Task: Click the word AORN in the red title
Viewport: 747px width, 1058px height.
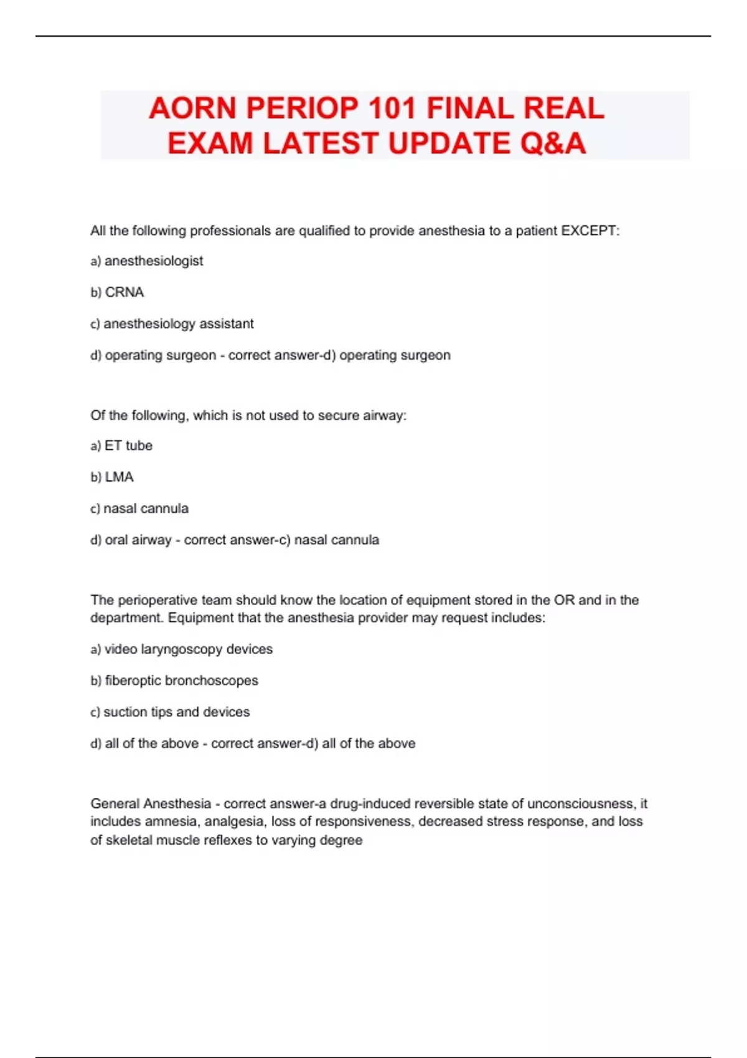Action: coord(194,108)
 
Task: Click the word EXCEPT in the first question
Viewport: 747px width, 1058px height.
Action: coord(589,231)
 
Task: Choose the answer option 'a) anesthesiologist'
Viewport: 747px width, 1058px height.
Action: coord(147,261)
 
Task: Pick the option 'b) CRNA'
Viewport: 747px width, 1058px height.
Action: coord(117,293)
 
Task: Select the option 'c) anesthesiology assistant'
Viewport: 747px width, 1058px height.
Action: coord(172,324)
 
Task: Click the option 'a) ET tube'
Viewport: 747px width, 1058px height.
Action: coord(121,446)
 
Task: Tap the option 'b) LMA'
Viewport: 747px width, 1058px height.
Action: coord(112,477)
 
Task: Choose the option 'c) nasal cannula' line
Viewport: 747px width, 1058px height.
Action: coord(139,508)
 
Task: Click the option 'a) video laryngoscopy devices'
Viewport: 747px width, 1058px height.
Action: coord(181,649)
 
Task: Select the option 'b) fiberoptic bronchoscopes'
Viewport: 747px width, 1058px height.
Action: coord(174,681)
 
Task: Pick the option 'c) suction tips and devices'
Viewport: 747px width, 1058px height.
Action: coord(170,712)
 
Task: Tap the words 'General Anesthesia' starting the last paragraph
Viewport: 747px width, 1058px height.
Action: coord(151,803)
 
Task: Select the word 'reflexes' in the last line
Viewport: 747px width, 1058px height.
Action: coord(227,840)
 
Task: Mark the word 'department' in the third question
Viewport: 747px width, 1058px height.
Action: coord(126,618)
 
